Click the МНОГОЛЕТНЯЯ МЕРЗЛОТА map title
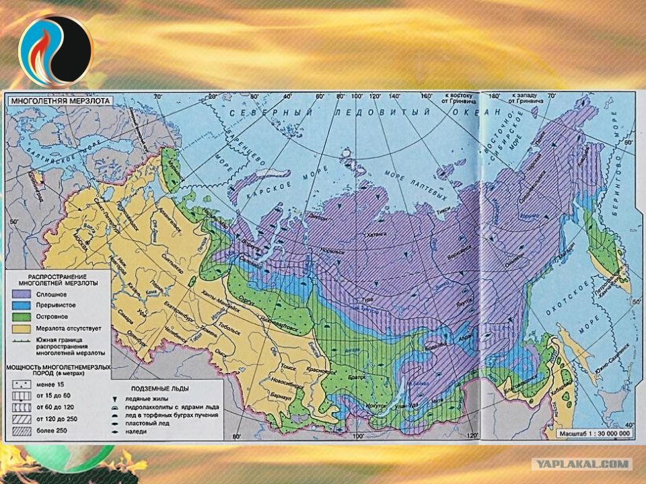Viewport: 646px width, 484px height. [x=59, y=100]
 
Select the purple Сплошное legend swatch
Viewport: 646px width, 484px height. [x=21, y=293]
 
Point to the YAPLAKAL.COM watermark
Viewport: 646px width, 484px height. [x=583, y=464]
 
